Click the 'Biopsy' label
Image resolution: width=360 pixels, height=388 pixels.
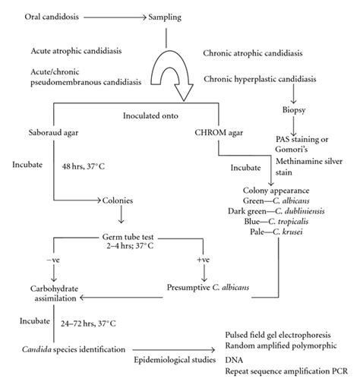click(x=295, y=120)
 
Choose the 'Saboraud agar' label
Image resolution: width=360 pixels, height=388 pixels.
click(x=43, y=134)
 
